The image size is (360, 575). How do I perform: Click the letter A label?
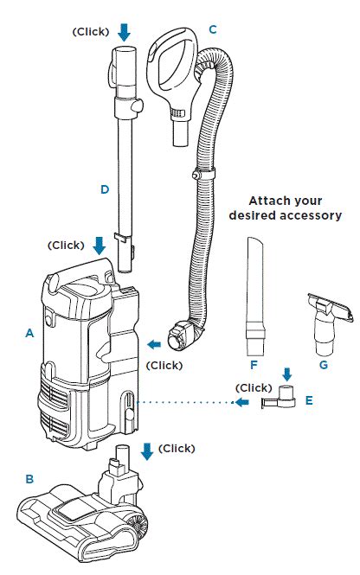point(29,333)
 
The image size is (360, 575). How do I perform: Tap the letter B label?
point(29,479)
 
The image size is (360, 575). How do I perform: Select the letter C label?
point(213,29)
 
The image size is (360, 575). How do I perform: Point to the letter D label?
point(105,189)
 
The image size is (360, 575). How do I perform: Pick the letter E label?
point(309,400)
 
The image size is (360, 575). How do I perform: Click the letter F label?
point(254,365)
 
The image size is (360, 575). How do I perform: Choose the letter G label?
point(324,365)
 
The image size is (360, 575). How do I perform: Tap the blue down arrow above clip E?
point(287,374)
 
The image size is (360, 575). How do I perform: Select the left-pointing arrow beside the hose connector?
point(154,344)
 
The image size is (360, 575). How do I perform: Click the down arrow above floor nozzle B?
point(147,451)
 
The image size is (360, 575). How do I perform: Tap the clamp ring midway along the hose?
point(202,172)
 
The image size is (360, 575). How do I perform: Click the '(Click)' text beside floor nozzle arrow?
point(177,449)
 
